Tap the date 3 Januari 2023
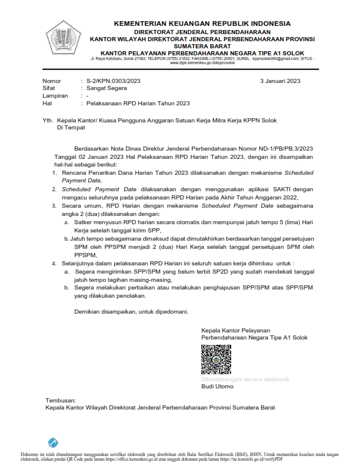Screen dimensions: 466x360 point(280,81)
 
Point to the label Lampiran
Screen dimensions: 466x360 point(55,96)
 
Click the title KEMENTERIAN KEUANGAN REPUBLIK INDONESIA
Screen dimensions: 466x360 point(202,23)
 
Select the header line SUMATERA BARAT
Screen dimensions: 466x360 point(202,45)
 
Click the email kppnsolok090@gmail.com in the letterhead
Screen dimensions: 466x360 point(275,58)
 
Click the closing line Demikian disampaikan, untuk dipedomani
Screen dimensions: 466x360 point(131,311)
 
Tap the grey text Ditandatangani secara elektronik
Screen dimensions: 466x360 point(245,380)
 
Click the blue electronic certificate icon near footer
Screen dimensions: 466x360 point(54,442)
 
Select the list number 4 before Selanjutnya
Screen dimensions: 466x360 point(54,262)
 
